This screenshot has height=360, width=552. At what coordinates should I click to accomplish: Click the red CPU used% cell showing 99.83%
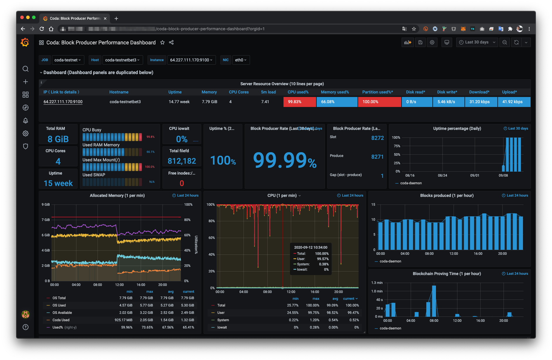(x=299, y=102)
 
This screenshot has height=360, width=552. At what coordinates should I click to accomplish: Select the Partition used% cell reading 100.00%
(x=379, y=102)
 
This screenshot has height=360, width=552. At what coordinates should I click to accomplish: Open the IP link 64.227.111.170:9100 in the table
(x=63, y=102)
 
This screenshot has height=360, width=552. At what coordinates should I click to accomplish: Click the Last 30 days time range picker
(x=477, y=42)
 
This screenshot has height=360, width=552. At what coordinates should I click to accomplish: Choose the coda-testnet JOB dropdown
(x=68, y=60)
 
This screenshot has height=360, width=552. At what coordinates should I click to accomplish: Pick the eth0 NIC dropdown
(x=241, y=60)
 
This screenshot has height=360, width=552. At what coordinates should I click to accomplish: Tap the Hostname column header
(x=119, y=92)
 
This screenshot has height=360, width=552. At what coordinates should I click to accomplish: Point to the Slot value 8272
(x=377, y=138)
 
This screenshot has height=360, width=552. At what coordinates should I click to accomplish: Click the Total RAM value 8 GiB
(x=58, y=139)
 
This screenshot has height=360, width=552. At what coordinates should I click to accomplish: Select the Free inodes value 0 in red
(x=182, y=183)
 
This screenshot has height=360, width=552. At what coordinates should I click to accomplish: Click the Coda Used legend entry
(x=61, y=320)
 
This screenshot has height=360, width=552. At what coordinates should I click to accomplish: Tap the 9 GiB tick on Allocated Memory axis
(x=46, y=205)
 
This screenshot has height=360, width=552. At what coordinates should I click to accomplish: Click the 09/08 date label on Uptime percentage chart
(x=503, y=175)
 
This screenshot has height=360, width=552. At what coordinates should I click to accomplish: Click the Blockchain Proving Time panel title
(x=447, y=274)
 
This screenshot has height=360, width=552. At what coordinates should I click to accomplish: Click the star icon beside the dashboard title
(x=162, y=43)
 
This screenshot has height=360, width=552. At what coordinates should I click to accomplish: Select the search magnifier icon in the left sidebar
(x=26, y=69)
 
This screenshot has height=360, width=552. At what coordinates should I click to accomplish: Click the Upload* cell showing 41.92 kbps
(x=514, y=102)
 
